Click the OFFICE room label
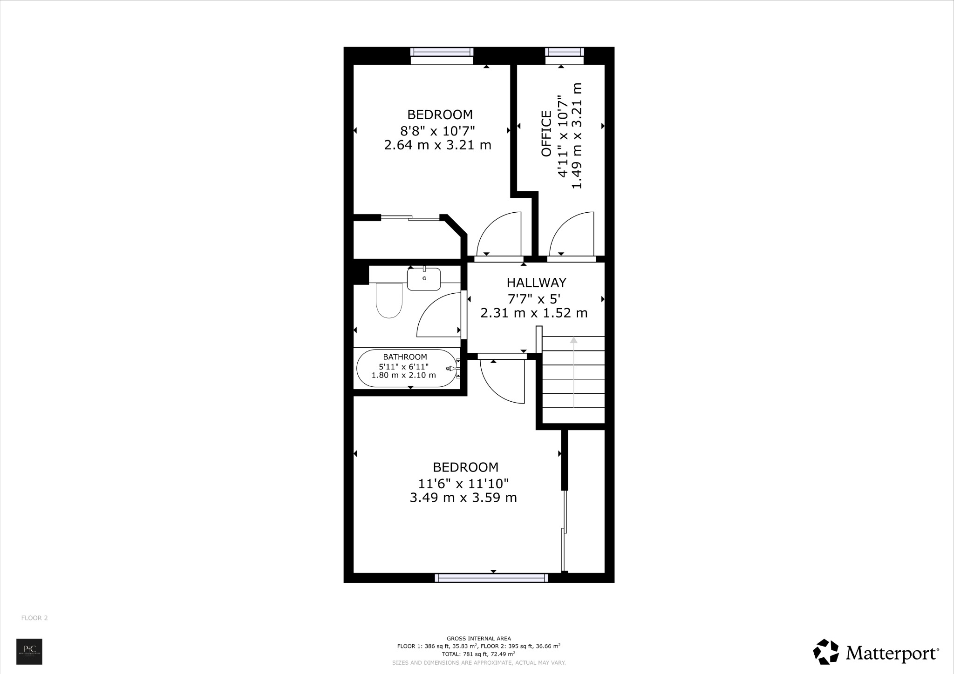tap(546, 134)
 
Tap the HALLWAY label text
tap(536, 283)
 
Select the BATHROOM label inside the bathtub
tap(405, 357)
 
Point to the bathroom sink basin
tap(424, 279)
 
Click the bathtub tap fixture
tap(451, 368)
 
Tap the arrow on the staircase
tap(573, 372)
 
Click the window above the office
tap(564, 56)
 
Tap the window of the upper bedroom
tap(442, 56)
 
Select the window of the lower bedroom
tap(491, 578)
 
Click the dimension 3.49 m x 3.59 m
tap(463, 498)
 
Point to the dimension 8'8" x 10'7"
tap(437, 129)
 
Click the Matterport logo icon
tap(826, 652)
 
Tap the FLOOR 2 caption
tap(34, 618)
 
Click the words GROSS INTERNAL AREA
tap(478, 639)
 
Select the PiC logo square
tap(29, 652)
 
